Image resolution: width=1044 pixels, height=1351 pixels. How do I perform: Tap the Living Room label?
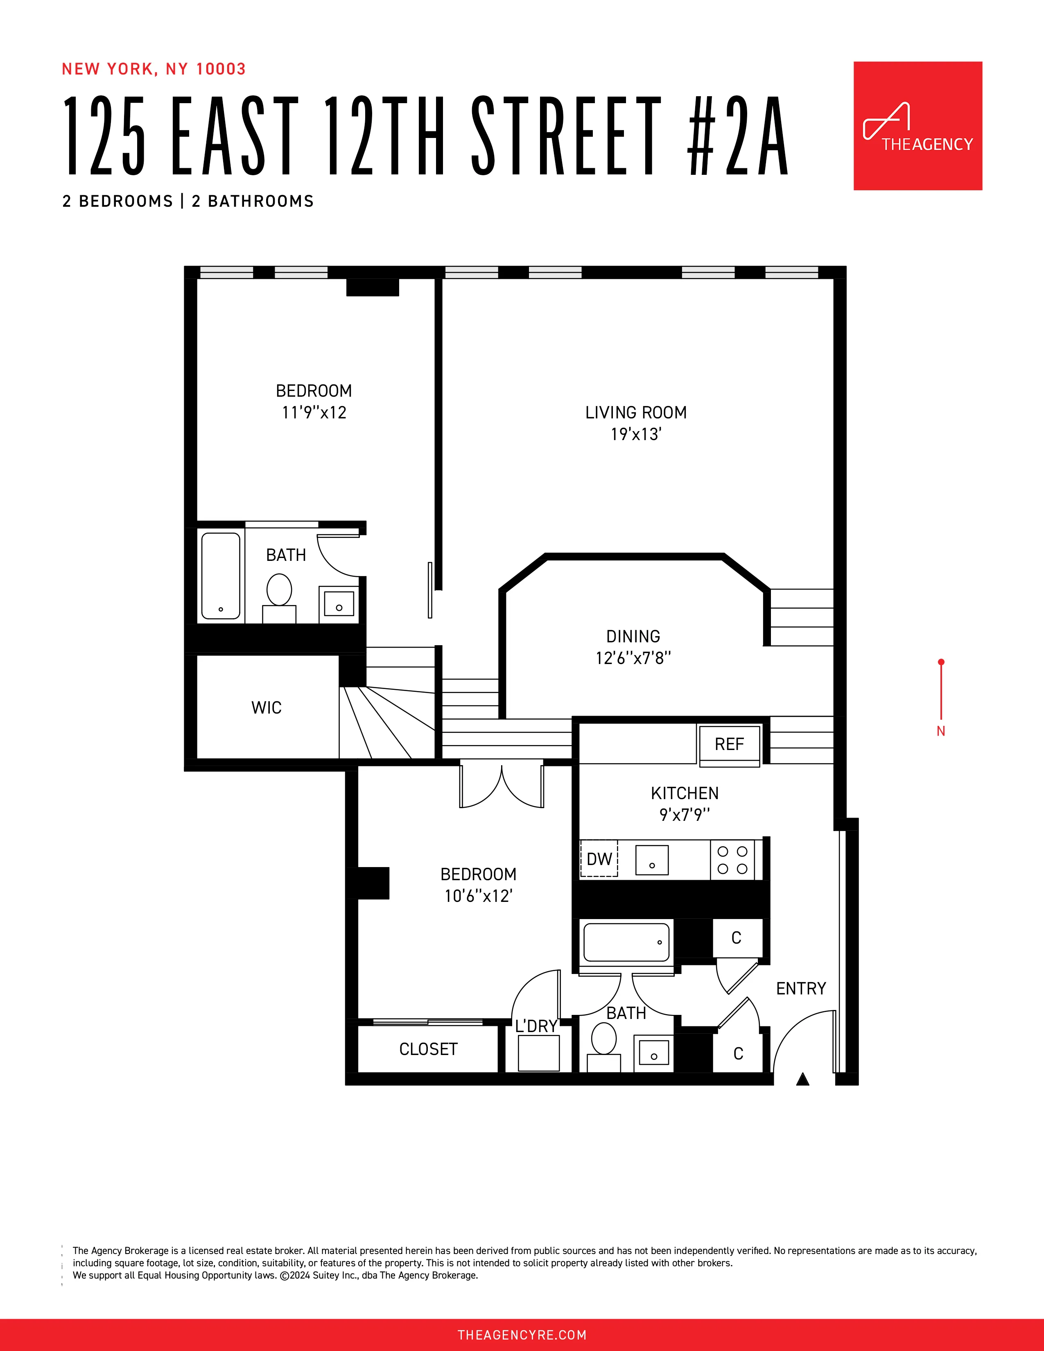point(636,413)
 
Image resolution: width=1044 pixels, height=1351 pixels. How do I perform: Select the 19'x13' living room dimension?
point(636,434)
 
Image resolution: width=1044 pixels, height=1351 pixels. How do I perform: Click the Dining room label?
point(633,637)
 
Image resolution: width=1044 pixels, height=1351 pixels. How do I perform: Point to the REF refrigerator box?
point(729,744)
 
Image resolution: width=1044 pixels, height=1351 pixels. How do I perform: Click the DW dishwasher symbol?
point(599,859)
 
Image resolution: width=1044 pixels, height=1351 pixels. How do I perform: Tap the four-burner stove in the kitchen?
point(732,860)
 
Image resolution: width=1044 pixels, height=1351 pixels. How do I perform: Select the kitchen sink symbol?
point(652,860)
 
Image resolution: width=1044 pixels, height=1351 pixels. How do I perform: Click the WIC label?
point(267,708)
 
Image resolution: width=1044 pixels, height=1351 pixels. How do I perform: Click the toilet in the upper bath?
point(279,590)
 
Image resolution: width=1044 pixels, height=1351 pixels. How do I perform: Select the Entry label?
point(801,989)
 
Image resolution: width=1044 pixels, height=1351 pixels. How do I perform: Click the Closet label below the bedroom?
point(428,1049)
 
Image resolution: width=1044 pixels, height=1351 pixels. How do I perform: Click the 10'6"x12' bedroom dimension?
point(478,896)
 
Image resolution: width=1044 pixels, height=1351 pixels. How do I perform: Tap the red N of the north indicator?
point(941,731)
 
